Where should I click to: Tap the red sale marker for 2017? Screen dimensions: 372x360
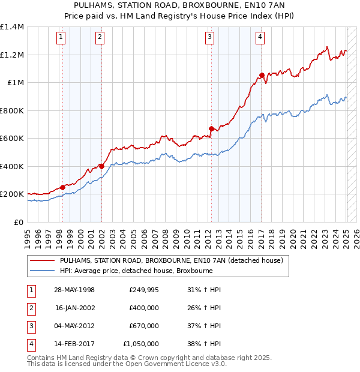click(x=262, y=75)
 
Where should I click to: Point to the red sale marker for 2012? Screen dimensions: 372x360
click(x=211, y=128)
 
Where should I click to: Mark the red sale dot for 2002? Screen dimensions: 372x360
click(x=101, y=166)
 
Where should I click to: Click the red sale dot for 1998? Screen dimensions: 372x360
click(x=62, y=187)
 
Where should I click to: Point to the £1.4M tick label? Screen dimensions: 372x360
click(x=12, y=27)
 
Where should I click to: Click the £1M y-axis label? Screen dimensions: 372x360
click(x=16, y=83)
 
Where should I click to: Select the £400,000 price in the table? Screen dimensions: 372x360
click(x=143, y=308)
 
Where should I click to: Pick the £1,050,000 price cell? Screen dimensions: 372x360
click(x=141, y=344)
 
